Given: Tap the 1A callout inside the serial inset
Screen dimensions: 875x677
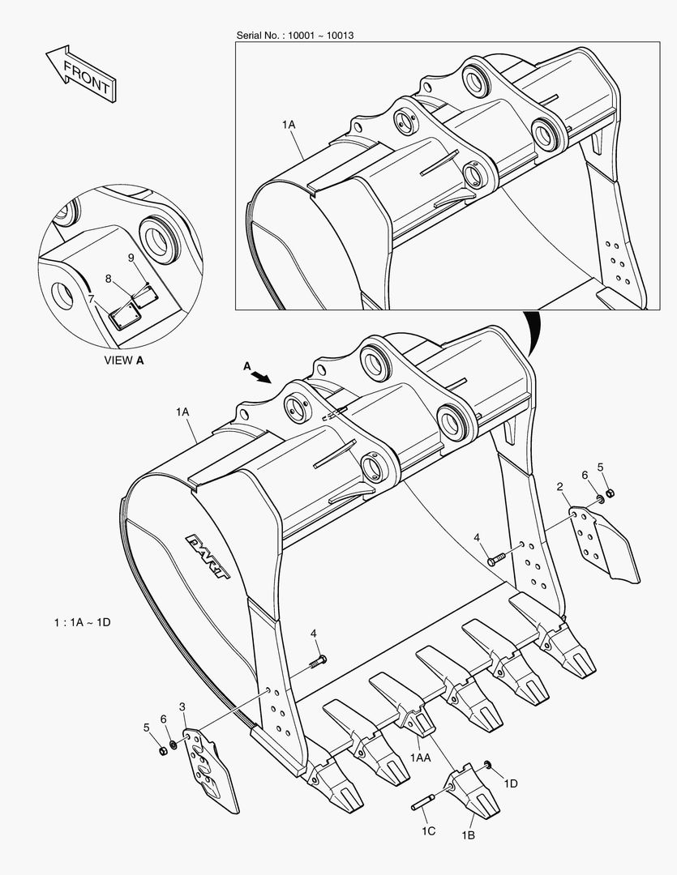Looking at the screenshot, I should [x=289, y=125].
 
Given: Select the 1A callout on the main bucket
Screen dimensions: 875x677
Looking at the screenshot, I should [x=182, y=412].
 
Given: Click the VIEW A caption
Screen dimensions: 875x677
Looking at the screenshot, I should [x=125, y=361].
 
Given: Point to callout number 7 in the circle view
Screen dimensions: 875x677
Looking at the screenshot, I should [x=91, y=299].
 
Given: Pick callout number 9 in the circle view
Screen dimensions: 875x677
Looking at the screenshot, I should [x=130, y=257].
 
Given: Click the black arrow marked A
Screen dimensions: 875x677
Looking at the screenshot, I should [x=260, y=374].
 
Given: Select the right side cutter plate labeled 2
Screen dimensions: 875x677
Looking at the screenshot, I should [x=603, y=544].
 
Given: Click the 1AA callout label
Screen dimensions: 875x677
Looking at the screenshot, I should [x=420, y=758].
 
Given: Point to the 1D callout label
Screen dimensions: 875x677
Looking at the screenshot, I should [x=511, y=783].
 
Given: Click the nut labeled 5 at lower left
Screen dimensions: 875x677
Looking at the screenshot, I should [x=162, y=750].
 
